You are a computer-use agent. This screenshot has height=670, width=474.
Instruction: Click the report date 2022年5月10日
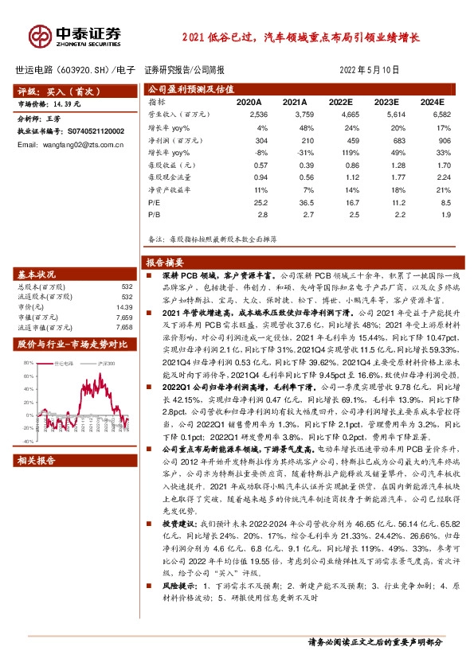(373, 70)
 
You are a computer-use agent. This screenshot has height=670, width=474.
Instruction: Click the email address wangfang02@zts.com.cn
(61, 144)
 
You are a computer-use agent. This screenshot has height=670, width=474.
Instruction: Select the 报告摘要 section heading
(165, 262)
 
